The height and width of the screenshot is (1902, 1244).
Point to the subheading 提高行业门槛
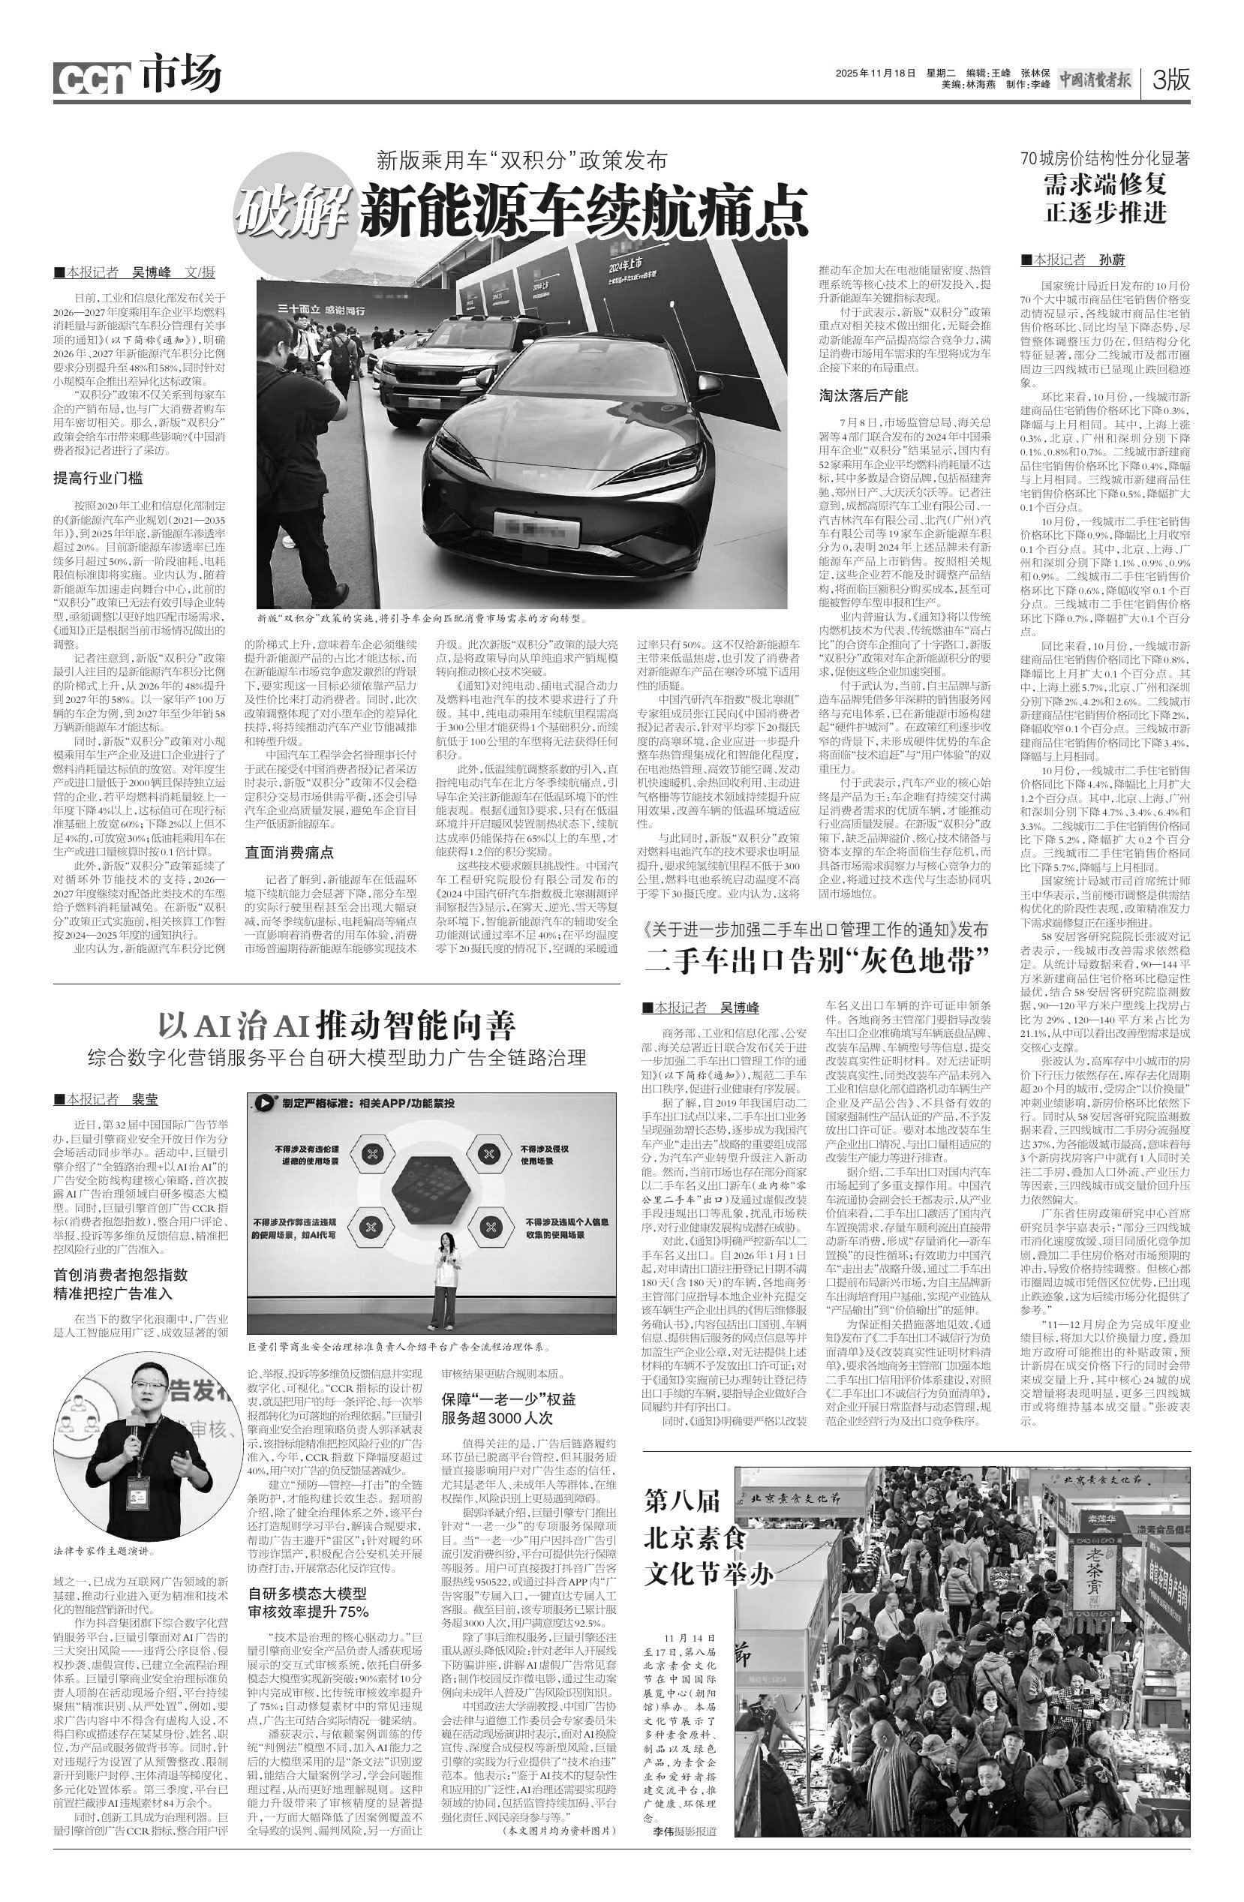tap(98, 479)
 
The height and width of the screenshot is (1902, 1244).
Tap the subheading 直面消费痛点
tap(289, 852)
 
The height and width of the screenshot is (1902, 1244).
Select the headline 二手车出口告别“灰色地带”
tap(817, 959)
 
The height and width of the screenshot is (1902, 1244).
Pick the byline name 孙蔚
tap(1112, 260)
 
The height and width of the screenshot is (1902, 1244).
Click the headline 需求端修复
tap(1106, 184)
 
